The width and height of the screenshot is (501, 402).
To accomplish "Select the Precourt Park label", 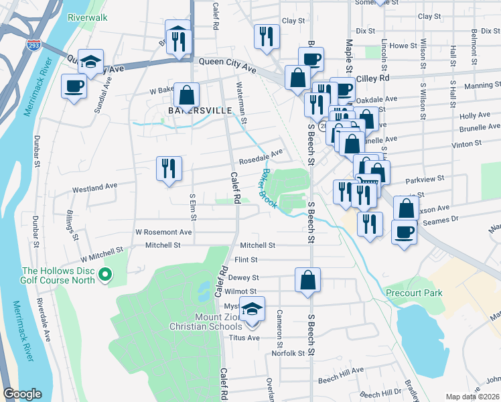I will pos(404,293).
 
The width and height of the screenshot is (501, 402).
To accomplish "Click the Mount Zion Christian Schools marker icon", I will pos(252,310).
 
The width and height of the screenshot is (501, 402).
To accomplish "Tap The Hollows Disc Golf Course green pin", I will pos(105,274).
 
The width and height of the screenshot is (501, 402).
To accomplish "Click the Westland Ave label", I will pos(94,185).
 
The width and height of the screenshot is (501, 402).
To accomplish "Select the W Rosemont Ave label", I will pos(163,232).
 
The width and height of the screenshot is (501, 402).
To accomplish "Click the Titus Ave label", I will pos(245,338).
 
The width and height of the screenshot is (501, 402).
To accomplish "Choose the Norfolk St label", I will pos(288,353).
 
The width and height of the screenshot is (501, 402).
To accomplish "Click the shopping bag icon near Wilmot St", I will pos(307,280).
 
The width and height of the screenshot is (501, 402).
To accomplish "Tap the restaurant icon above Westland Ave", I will pos(169,169).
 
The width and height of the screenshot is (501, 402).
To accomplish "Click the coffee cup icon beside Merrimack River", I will pos(74,86).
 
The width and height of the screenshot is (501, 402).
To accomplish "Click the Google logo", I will pos(22,395).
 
